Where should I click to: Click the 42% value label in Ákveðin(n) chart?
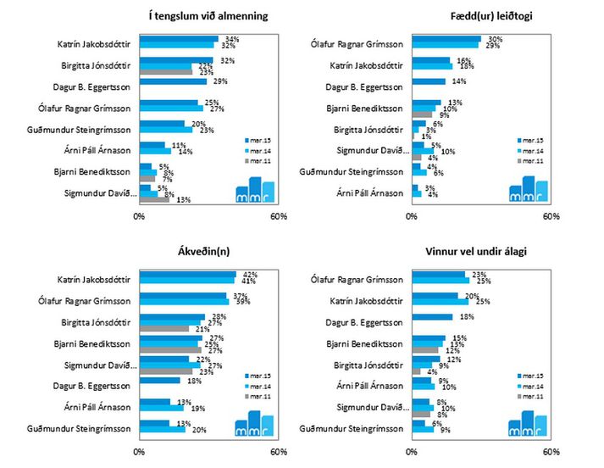click(x=249, y=274)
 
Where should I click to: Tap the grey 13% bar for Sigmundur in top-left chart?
click(x=155, y=200)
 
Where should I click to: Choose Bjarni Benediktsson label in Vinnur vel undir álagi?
click(x=372, y=342)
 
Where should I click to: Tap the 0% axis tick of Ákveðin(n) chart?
click(x=140, y=451)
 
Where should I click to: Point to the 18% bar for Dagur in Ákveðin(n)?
click(x=155, y=382)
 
